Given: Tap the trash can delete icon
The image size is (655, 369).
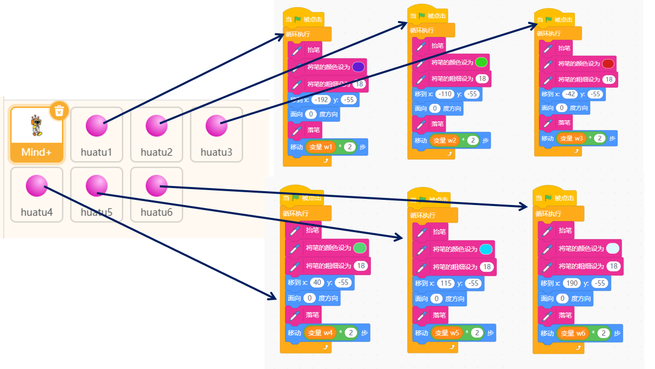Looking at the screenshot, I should coord(59,110).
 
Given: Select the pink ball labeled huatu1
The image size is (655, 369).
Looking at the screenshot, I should coord(96,126).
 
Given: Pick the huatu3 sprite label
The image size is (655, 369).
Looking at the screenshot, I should coord(216,152).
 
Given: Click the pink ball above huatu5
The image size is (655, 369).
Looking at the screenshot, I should coord(96,186).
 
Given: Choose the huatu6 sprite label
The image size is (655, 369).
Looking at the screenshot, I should coord(157,212).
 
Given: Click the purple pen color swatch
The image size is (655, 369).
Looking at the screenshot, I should coord(358,67).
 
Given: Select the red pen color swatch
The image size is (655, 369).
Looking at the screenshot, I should coord(608,64).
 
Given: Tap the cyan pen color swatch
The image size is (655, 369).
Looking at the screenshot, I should coord(486,250).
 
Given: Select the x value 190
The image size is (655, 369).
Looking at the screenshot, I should coord(572,283).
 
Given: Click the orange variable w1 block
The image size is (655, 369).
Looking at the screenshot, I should coord(321,148).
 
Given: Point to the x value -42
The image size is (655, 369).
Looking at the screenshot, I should coord(570,94).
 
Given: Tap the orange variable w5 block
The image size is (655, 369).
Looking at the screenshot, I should coord(448,333).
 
